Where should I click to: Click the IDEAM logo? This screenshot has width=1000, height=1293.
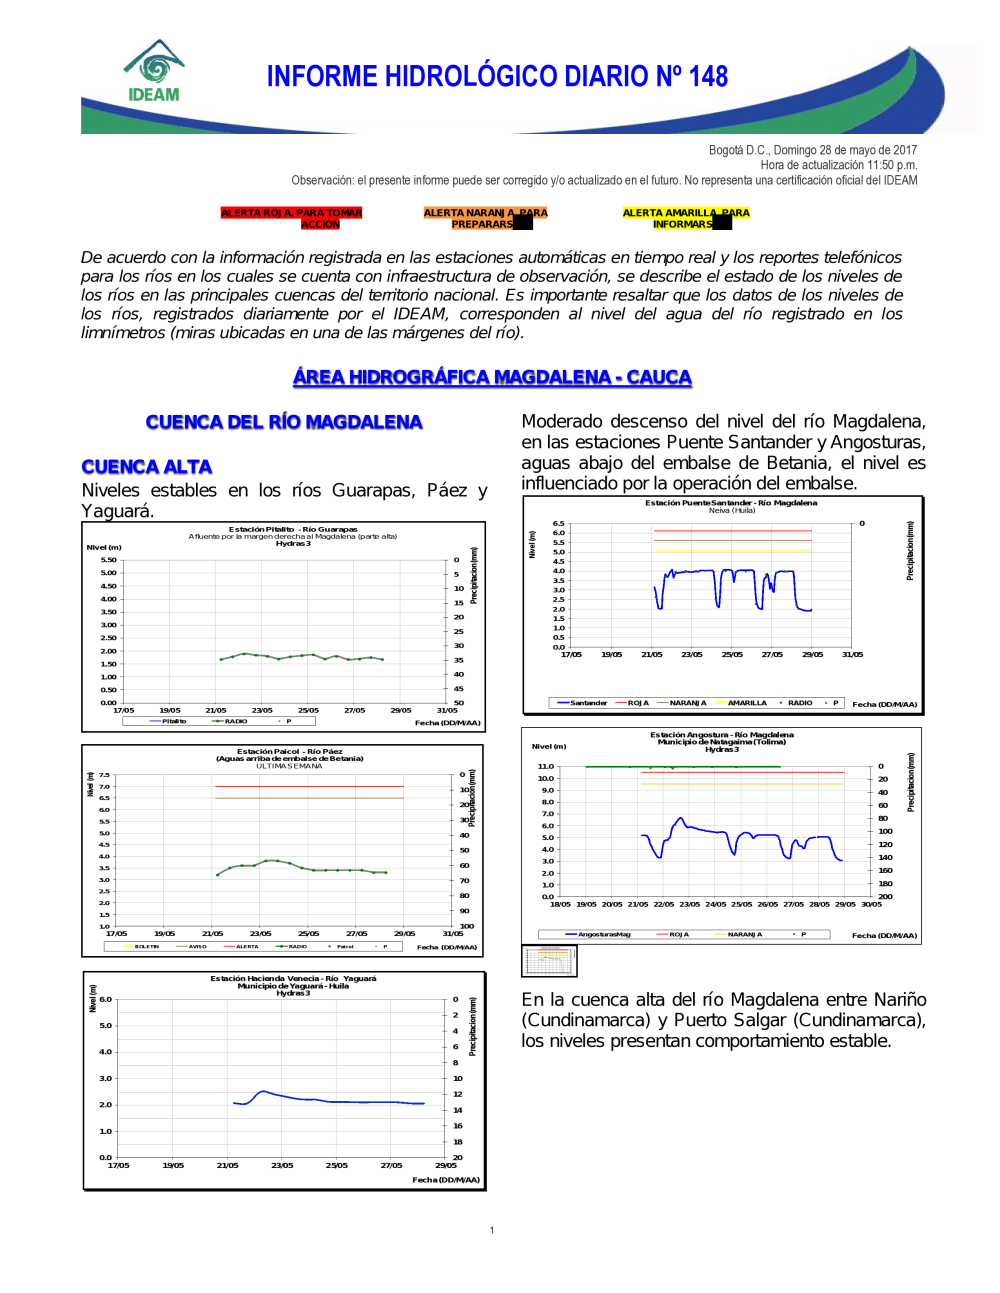tap(154, 72)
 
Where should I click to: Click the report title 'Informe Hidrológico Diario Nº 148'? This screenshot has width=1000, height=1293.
tap(497, 77)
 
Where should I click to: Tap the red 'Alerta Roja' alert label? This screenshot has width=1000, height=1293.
tap(291, 218)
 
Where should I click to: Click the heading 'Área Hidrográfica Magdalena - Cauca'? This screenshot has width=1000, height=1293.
tap(492, 377)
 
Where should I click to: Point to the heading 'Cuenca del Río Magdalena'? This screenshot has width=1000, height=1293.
tap(284, 422)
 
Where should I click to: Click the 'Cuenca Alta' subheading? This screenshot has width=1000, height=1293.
tap(147, 467)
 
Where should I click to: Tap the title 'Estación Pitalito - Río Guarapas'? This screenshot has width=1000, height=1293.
tap(293, 529)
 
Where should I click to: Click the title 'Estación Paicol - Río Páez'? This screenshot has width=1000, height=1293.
tap(290, 751)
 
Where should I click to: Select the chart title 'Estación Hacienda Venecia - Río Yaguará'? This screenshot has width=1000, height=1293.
tap(293, 978)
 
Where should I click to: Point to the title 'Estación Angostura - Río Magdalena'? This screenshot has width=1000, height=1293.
tap(722, 734)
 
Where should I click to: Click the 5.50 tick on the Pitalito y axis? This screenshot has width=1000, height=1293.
tap(108, 560)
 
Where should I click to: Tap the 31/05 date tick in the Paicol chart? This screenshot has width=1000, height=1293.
tap(453, 933)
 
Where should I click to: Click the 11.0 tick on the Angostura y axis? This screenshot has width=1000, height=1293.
tap(545, 766)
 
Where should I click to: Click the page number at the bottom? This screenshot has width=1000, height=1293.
tap(492, 1230)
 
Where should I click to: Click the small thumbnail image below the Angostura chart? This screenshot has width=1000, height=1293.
tap(550, 961)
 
